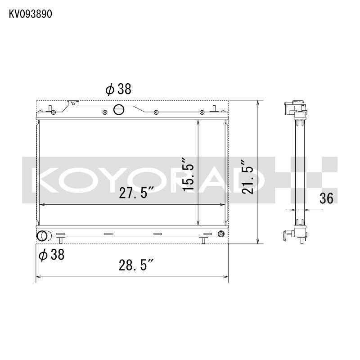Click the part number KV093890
[31, 13]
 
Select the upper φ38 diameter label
[118, 89]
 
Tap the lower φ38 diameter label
[51, 255]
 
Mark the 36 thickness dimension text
[327, 198]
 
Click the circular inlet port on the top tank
[120, 108]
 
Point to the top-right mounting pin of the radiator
[215, 108]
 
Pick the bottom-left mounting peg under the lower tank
[59, 240]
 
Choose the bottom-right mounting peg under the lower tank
[203, 240]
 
